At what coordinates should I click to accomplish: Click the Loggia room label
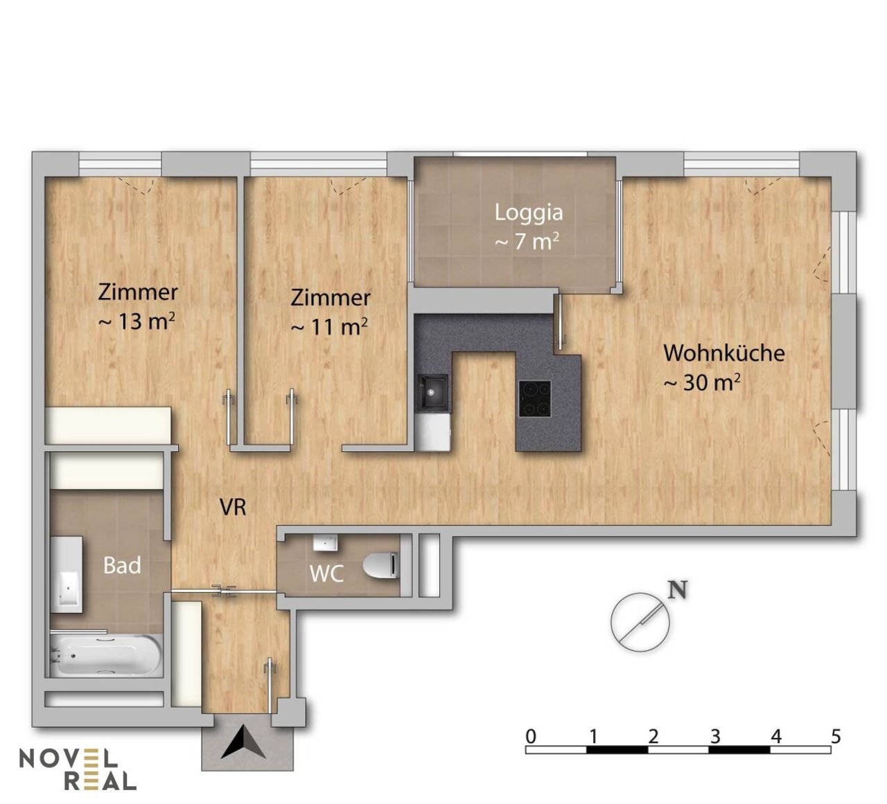(x=529, y=213)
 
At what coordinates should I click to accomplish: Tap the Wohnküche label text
(x=724, y=353)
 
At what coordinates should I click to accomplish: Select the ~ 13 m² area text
(x=137, y=321)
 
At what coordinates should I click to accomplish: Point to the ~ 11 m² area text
(x=329, y=327)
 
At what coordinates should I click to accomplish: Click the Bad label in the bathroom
(x=122, y=565)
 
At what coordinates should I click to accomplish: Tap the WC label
(x=327, y=574)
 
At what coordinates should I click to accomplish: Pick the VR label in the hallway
(x=233, y=507)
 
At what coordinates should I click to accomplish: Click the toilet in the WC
(x=381, y=565)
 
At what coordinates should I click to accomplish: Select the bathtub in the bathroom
(x=105, y=656)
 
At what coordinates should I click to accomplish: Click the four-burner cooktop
(x=535, y=399)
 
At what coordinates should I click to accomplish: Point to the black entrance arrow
(x=243, y=742)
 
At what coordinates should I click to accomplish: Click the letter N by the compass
(x=677, y=591)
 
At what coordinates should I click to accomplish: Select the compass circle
(x=640, y=622)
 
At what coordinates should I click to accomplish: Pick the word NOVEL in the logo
(x=69, y=758)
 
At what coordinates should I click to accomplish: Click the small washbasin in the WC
(x=326, y=542)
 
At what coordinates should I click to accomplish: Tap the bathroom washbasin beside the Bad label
(x=67, y=575)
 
